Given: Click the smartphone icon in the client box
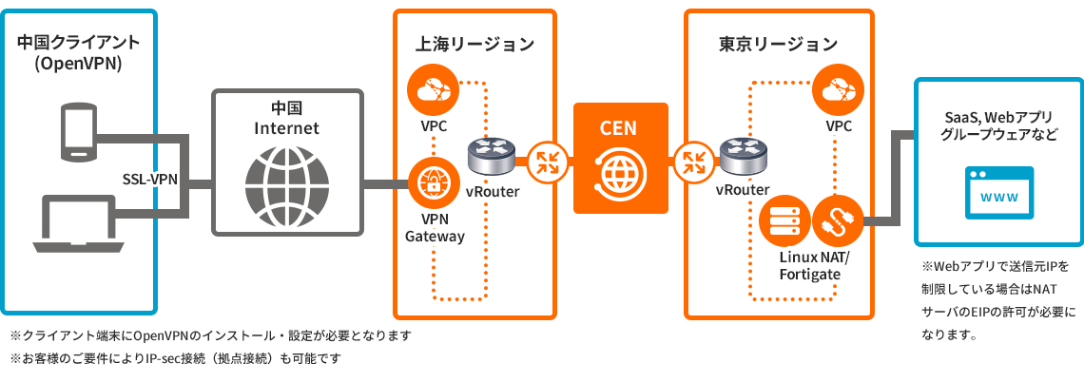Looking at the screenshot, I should point(77,130).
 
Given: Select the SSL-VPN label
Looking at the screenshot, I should point(151,179).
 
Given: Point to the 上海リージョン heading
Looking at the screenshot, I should point(474,44).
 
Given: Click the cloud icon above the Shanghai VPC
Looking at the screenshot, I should point(434,92).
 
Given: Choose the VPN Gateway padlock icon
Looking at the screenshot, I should point(434,181).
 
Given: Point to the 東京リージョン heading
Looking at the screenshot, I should point(778,44).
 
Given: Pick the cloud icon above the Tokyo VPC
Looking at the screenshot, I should point(839,92).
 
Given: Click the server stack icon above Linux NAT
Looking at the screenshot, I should point(785,222).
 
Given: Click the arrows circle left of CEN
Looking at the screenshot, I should point(548,161).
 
